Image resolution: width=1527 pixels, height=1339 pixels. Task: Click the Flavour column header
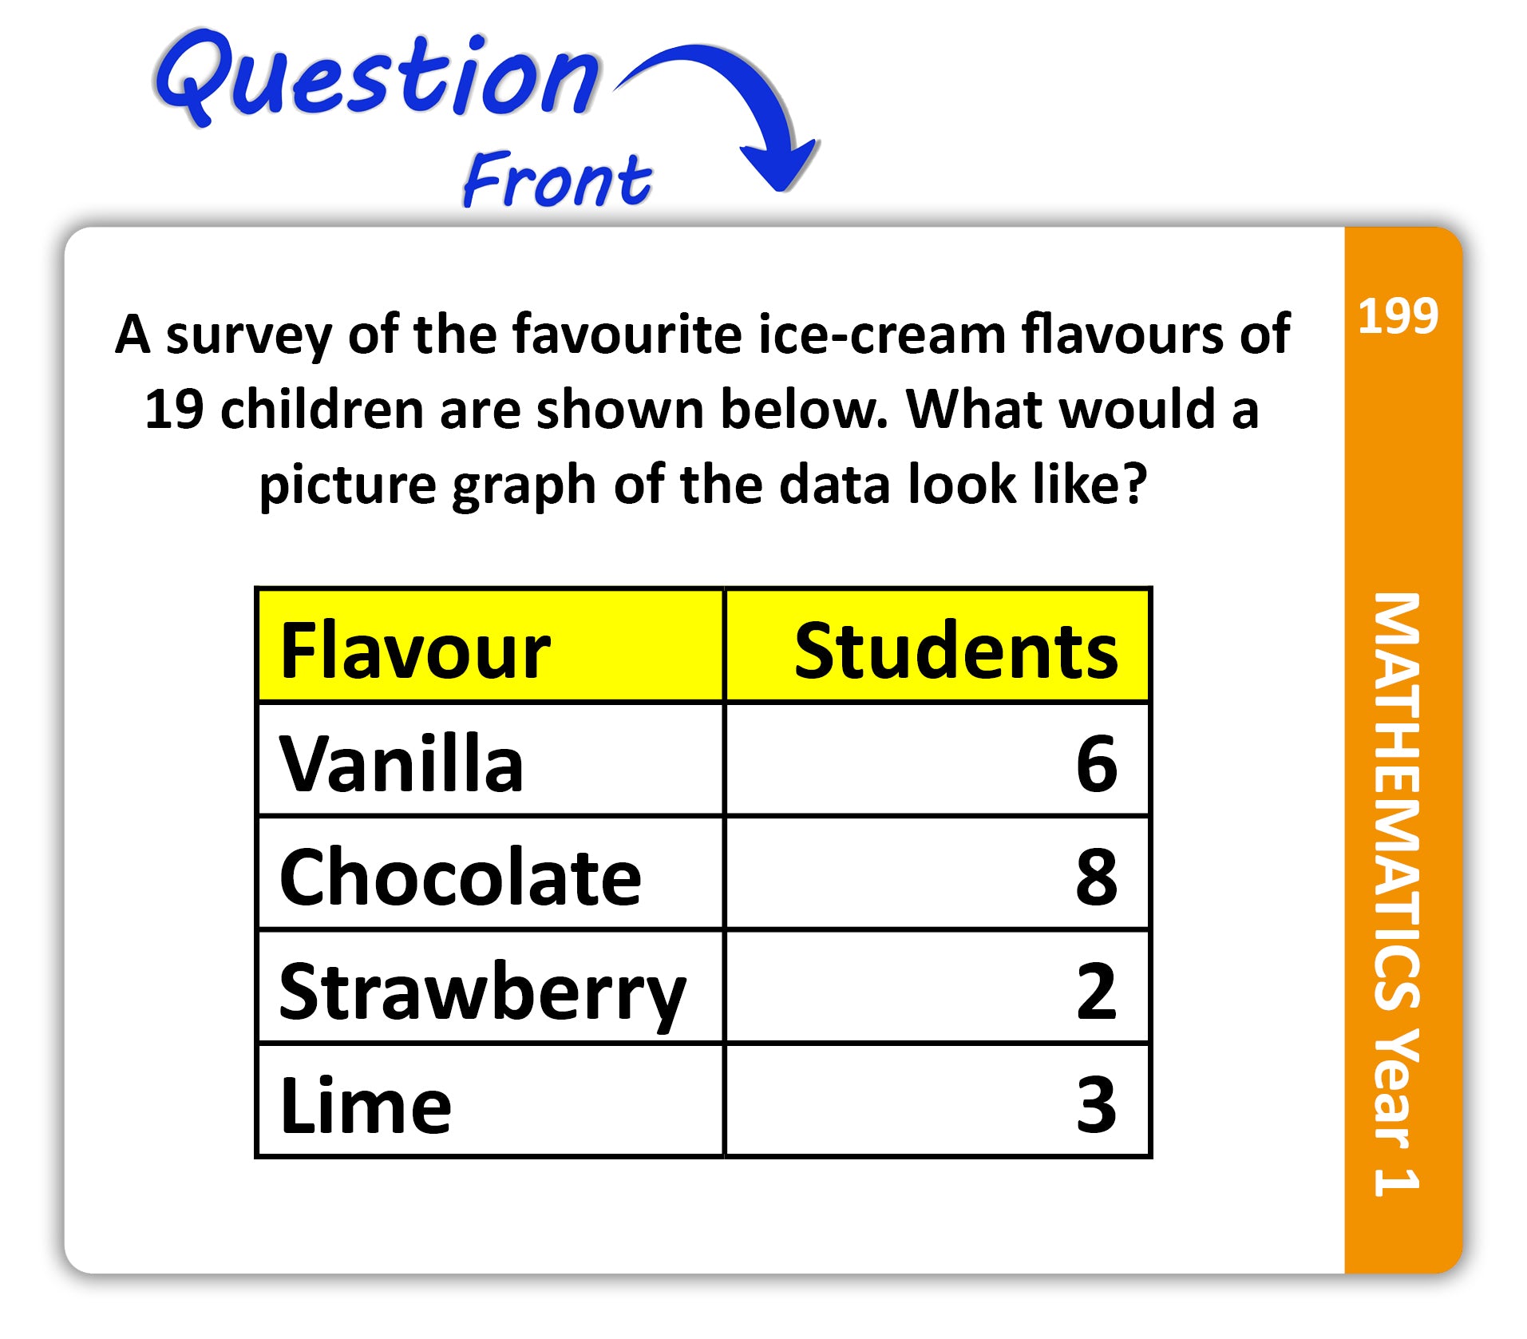tap(415, 650)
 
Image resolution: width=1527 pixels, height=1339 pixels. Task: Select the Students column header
tap(955, 650)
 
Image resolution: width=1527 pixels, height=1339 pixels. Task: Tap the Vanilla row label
tap(401, 763)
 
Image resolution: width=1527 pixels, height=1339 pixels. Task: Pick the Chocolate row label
tap(460, 877)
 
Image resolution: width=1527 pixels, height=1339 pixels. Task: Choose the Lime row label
tap(366, 1105)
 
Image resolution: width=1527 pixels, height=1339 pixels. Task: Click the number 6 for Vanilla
tap(1096, 763)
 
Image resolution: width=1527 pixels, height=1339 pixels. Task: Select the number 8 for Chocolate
tap(1096, 877)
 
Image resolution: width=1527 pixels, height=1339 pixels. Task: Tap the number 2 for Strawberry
tap(1096, 991)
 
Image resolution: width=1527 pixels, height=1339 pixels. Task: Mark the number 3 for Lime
tap(1096, 1104)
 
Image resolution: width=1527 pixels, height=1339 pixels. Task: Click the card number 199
tap(1398, 315)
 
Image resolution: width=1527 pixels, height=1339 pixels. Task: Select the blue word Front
tap(557, 179)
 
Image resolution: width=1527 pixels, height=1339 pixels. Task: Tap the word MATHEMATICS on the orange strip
tap(1397, 802)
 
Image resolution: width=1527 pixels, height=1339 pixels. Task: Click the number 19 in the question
tap(174, 409)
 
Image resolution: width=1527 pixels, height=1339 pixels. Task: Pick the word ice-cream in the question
tap(881, 333)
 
